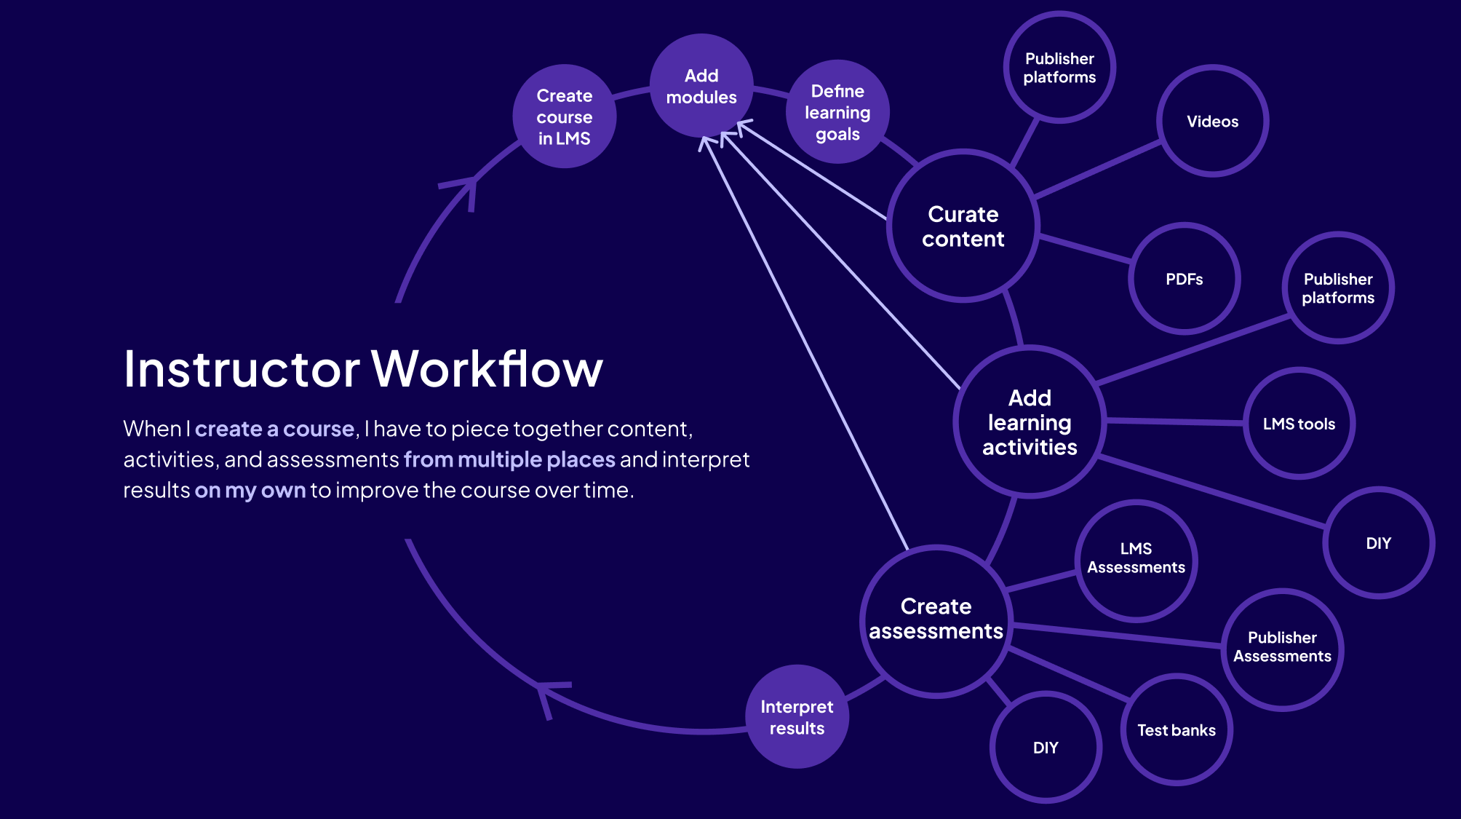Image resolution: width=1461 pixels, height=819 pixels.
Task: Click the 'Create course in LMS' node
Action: (x=564, y=116)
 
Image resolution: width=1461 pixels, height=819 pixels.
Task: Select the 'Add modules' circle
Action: (x=701, y=86)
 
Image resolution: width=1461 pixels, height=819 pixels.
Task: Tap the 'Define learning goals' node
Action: (x=837, y=112)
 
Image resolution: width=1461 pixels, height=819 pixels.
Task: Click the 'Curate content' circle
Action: (x=963, y=226)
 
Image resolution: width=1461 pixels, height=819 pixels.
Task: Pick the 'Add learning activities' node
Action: (x=1030, y=422)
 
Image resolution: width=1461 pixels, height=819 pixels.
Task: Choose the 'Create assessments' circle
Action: (x=936, y=620)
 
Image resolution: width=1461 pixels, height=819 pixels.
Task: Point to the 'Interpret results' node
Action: (x=797, y=717)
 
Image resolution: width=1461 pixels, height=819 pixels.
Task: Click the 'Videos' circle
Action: (x=1212, y=121)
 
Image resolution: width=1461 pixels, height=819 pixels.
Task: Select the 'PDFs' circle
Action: (x=1184, y=279)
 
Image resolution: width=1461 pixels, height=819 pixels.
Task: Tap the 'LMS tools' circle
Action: (x=1299, y=424)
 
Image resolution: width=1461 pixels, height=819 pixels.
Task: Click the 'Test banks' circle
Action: (x=1177, y=730)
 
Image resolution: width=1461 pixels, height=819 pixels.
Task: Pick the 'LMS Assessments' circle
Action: (x=1136, y=559)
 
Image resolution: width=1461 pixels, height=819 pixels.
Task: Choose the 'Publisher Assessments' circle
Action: (x=1282, y=647)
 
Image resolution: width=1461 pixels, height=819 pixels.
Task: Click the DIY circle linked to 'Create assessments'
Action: (x=1046, y=748)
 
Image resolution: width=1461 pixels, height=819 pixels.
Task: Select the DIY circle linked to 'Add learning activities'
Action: (x=1378, y=543)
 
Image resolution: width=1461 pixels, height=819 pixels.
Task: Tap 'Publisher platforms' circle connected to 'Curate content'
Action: (x=1059, y=68)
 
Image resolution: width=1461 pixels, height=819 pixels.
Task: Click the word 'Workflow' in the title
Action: (x=487, y=369)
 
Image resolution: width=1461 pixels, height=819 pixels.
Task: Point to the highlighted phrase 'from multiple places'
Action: (x=509, y=459)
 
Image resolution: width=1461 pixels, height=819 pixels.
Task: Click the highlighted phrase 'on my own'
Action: (x=250, y=490)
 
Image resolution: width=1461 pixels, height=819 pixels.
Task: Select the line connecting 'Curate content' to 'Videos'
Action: (x=1097, y=170)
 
